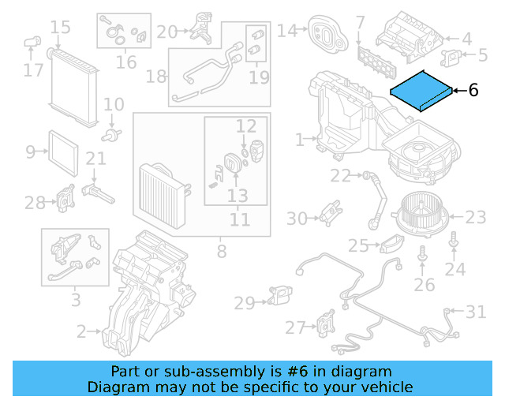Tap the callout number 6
473,91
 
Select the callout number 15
61,29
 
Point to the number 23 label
476,217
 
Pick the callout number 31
476,312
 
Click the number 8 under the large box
221,252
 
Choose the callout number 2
81,333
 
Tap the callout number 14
286,31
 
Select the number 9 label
31,151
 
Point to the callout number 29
245,302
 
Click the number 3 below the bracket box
75,300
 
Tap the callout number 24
454,270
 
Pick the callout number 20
166,32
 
